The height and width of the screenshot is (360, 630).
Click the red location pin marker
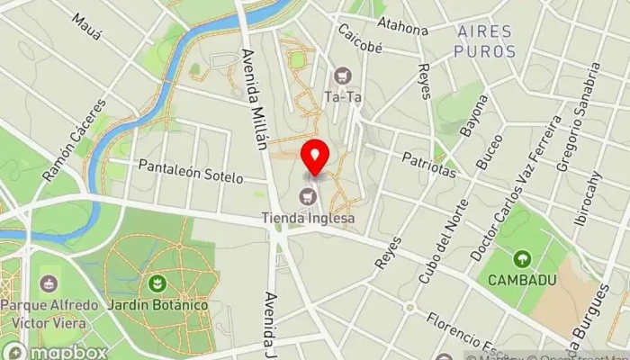point(315,157)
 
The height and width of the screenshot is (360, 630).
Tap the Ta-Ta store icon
point(341,75)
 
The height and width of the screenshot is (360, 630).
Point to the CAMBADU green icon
point(521,259)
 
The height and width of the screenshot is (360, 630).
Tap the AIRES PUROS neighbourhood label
point(486,41)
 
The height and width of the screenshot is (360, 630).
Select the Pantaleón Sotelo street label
point(191,171)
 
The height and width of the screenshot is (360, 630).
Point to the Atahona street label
point(402,26)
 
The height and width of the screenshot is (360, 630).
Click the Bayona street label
point(472,114)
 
